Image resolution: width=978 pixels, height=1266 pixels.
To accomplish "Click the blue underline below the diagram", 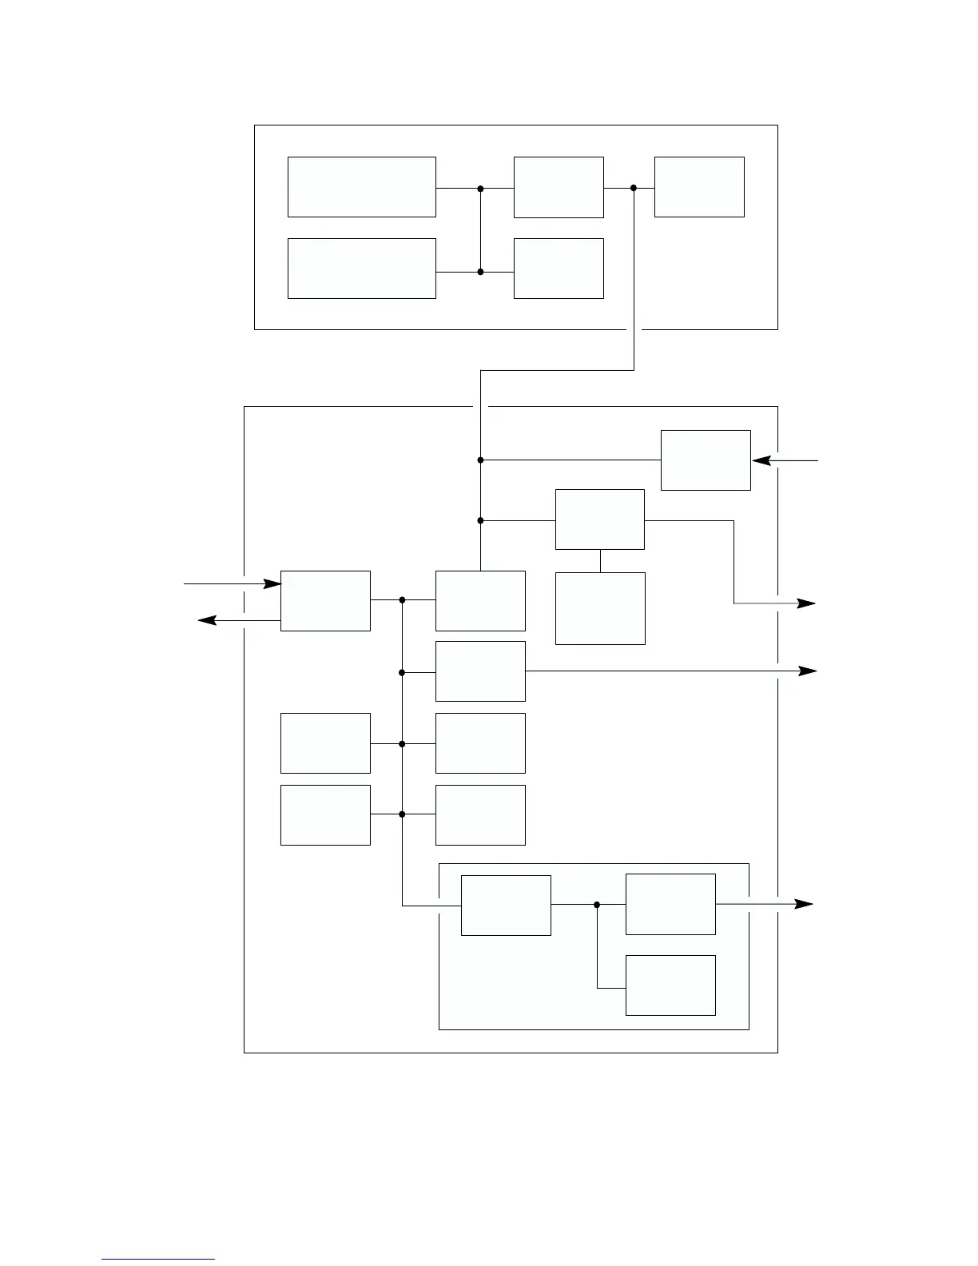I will pos(158,1260).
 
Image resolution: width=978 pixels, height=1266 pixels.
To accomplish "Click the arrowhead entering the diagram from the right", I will pos(760,460).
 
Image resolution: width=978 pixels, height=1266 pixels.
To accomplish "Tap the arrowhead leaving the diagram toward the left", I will pos(207,620).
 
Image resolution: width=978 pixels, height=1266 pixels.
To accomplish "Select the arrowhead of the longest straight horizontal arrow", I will pos(809,671).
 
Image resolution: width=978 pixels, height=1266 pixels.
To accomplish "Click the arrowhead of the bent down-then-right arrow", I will pos(807,603).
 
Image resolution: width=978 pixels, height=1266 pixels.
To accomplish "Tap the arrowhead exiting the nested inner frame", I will pos(804,904).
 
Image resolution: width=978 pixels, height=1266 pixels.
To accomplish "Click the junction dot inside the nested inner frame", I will pos(597,905).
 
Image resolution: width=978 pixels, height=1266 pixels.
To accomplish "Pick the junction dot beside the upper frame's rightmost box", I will pos(634,189).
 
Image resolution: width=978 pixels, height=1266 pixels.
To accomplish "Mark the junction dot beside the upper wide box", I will pos(480,189).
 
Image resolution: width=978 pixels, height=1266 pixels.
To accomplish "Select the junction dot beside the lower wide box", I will pos(480,272).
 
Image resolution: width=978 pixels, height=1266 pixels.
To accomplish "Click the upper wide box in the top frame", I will pos(361,187).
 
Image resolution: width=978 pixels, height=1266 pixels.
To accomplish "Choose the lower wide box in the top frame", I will pos(361,269).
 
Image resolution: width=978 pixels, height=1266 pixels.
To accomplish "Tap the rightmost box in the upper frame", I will pos(699,187).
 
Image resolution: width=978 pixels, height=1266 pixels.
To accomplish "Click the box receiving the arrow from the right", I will pos(706,460).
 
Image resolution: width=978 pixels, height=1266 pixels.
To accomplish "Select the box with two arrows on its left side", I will pos(325,601).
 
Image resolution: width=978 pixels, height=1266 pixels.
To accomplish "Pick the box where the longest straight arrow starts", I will pos(480,671).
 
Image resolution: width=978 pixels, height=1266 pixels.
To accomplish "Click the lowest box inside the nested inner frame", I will pos(670,985).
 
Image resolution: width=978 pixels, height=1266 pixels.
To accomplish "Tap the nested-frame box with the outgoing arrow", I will pos(670,905).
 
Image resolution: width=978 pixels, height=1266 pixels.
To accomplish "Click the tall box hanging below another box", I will pos(600,608).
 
